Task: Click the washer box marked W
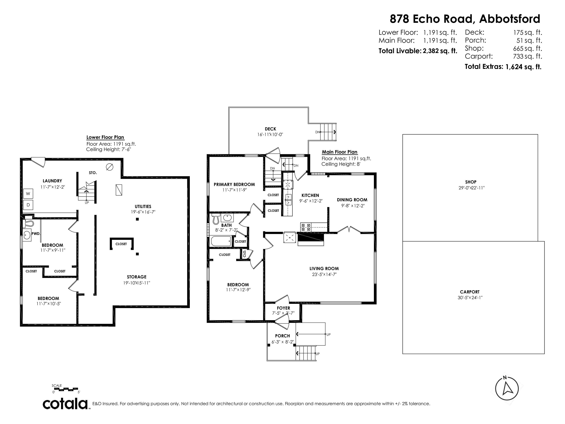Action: tap(28, 194)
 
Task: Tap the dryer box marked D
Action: tap(28, 205)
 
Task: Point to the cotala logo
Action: tap(65, 404)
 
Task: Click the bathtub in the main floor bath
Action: tap(221, 241)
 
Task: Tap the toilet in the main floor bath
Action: tap(216, 219)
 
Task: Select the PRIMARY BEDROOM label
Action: tap(234, 184)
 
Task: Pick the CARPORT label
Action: tap(470, 292)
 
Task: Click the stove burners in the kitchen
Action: tap(306, 227)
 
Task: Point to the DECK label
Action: tap(270, 129)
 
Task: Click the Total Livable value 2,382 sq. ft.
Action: tap(440, 51)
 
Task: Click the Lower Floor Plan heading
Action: tap(105, 137)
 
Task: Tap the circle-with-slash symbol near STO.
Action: tap(110, 167)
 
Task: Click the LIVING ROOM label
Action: tap(324, 269)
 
